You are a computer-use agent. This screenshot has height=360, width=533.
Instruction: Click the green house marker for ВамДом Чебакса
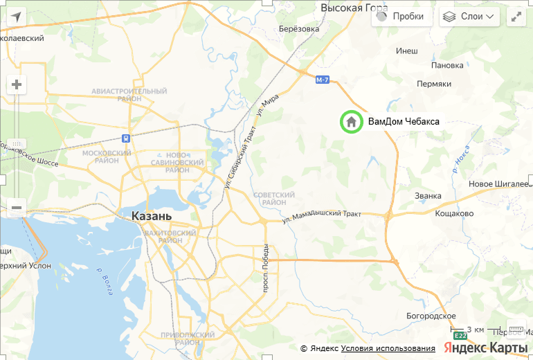[352, 122]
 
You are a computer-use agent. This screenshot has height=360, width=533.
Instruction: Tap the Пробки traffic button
[401, 17]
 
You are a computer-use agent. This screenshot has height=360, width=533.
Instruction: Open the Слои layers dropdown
[469, 17]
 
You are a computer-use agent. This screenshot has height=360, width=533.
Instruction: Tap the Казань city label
[151, 216]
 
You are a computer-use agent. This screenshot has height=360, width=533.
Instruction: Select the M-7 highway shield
[322, 80]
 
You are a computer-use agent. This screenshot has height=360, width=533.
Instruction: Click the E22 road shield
[461, 336]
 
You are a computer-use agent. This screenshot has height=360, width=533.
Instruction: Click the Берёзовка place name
[298, 28]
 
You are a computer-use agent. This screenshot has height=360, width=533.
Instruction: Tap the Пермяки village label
[434, 83]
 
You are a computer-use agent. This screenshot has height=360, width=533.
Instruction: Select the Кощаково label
[454, 213]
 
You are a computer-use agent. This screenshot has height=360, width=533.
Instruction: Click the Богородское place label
[431, 316]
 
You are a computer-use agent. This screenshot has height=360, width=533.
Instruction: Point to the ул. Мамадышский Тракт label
[322, 217]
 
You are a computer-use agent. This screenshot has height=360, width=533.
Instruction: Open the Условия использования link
[388, 348]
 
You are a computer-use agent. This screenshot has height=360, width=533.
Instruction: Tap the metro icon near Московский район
[126, 137]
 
